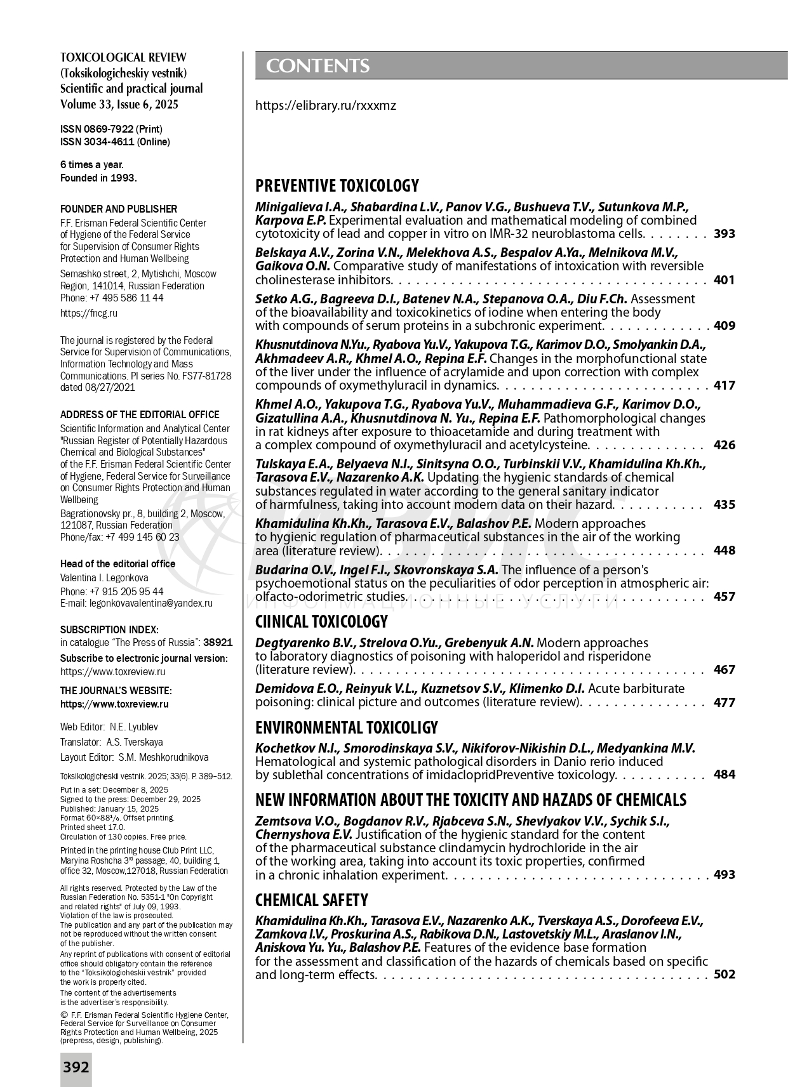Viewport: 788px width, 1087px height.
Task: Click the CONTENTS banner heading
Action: pyautogui.click(x=317, y=66)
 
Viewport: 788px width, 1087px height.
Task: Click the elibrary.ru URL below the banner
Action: pyautogui.click(x=325, y=105)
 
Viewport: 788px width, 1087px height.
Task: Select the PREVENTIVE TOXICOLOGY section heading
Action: pyautogui.click(x=337, y=186)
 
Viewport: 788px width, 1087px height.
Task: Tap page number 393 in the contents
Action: pyautogui.click(x=724, y=234)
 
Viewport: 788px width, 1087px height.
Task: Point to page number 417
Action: pyautogui.click(x=724, y=385)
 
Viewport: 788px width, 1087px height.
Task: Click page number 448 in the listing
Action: pyautogui.click(x=724, y=550)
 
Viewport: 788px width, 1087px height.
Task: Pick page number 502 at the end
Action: pyautogui.click(x=724, y=974)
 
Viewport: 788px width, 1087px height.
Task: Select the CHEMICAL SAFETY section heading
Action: pyautogui.click(x=311, y=900)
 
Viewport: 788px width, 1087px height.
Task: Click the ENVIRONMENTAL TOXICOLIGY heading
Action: pyautogui.click(x=346, y=727)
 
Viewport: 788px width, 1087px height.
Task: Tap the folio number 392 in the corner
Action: pyautogui.click(x=76, y=1067)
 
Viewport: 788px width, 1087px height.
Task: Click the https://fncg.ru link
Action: pyautogui.click(x=89, y=313)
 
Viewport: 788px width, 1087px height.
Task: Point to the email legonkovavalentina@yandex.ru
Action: pyautogui.click(x=151, y=603)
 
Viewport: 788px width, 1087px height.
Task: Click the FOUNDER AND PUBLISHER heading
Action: pyautogui.click(x=119, y=209)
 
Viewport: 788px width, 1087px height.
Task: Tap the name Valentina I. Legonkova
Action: pyautogui.click(x=104, y=577)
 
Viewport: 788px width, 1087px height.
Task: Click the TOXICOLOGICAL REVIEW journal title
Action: pyautogui.click(x=123, y=58)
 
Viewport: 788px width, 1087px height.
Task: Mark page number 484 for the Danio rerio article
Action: pyautogui.click(x=724, y=775)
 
